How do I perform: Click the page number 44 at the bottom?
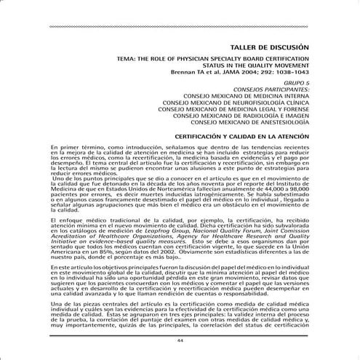180,341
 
